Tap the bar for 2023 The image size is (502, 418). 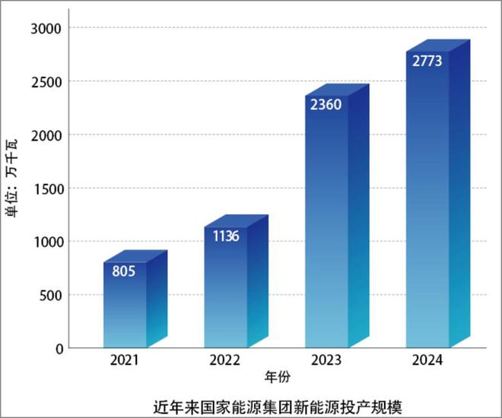(327, 228)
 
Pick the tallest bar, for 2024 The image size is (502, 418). (427, 205)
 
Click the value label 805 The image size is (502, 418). (123, 271)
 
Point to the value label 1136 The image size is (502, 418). (225, 236)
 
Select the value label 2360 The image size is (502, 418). (326, 104)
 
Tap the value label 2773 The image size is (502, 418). (427, 61)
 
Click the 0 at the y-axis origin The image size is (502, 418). (59, 348)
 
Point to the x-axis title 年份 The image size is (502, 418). (276, 376)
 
